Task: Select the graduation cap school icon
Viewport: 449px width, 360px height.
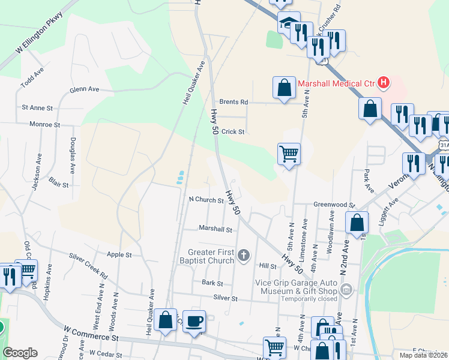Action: point(288,22)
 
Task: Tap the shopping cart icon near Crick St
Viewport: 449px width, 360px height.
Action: point(289,154)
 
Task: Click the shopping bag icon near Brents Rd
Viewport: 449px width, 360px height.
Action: point(284,88)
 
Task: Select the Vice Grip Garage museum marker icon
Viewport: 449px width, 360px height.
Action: point(345,290)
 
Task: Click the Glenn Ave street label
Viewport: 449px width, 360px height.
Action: point(84,89)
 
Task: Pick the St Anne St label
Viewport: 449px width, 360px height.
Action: point(37,108)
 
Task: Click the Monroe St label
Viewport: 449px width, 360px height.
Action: point(45,125)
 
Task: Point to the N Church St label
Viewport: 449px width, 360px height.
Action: point(206,200)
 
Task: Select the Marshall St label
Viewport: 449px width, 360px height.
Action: point(215,229)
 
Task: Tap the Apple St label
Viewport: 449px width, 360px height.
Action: point(119,254)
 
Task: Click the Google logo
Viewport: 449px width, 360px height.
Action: point(20,353)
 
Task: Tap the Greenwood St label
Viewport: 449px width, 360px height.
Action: point(336,205)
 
